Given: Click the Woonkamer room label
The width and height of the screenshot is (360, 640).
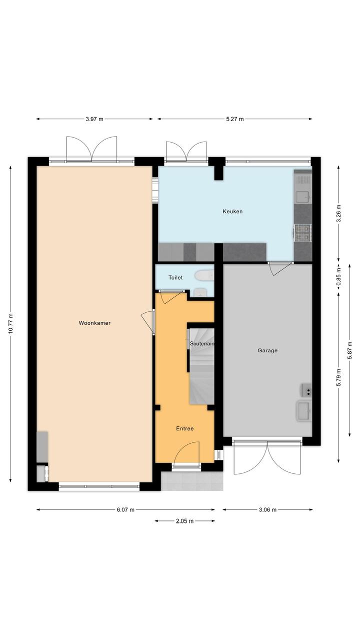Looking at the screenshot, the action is coord(94,323).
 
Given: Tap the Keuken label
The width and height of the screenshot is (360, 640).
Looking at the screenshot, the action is coord(232,212).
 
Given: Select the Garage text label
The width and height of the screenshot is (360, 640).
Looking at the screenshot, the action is coord(267,350).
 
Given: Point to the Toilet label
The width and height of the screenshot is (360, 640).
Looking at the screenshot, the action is coord(175,277).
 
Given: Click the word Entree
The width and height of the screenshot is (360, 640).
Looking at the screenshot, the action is coord(184,428).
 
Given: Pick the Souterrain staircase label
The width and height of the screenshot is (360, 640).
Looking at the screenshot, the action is coord(202,344).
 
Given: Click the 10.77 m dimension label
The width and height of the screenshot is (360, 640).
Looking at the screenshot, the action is coord(10,323).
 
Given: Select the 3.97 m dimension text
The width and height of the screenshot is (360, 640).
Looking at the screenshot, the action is coord(94,119).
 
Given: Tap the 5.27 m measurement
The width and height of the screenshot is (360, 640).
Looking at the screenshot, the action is coord(235,119).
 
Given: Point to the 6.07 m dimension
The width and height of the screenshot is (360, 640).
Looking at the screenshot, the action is coord(125,510).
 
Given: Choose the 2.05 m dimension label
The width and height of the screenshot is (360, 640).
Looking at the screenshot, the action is coord(184,521).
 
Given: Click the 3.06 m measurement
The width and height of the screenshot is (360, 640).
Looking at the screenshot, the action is coord(267,510).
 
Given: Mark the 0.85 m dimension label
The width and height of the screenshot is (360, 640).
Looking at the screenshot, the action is coord(338,276).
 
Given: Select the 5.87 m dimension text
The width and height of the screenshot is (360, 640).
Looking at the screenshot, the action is coord(350,350).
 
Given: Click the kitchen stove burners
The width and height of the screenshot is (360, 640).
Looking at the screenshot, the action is coord(302,232).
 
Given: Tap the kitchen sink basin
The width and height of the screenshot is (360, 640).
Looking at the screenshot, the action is coord(303,197).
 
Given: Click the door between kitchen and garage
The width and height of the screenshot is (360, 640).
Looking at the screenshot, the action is coord(280,268).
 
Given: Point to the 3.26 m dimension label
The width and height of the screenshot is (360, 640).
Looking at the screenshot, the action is coord(338,214).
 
